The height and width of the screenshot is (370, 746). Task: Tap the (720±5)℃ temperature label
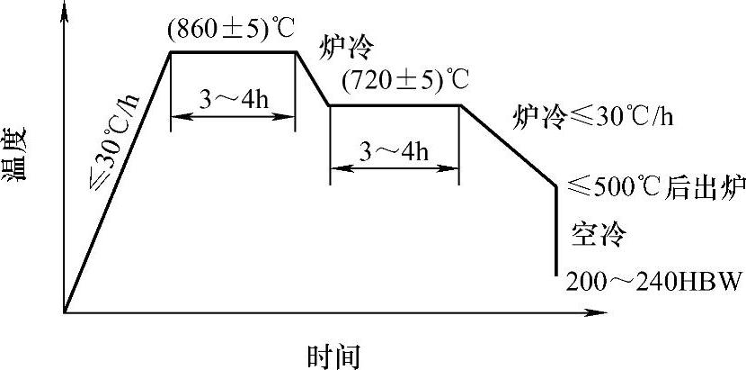coord(405,81)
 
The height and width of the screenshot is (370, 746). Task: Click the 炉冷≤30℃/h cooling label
coord(592,116)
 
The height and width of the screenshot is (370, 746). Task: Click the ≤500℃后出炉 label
coord(657,186)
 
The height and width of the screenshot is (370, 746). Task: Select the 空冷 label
coord(598,234)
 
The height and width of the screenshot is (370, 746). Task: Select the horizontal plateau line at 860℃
coord(233,52)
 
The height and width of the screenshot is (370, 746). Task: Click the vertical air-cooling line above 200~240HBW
coord(556,230)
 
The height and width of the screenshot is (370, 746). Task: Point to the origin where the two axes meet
coord(65,312)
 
